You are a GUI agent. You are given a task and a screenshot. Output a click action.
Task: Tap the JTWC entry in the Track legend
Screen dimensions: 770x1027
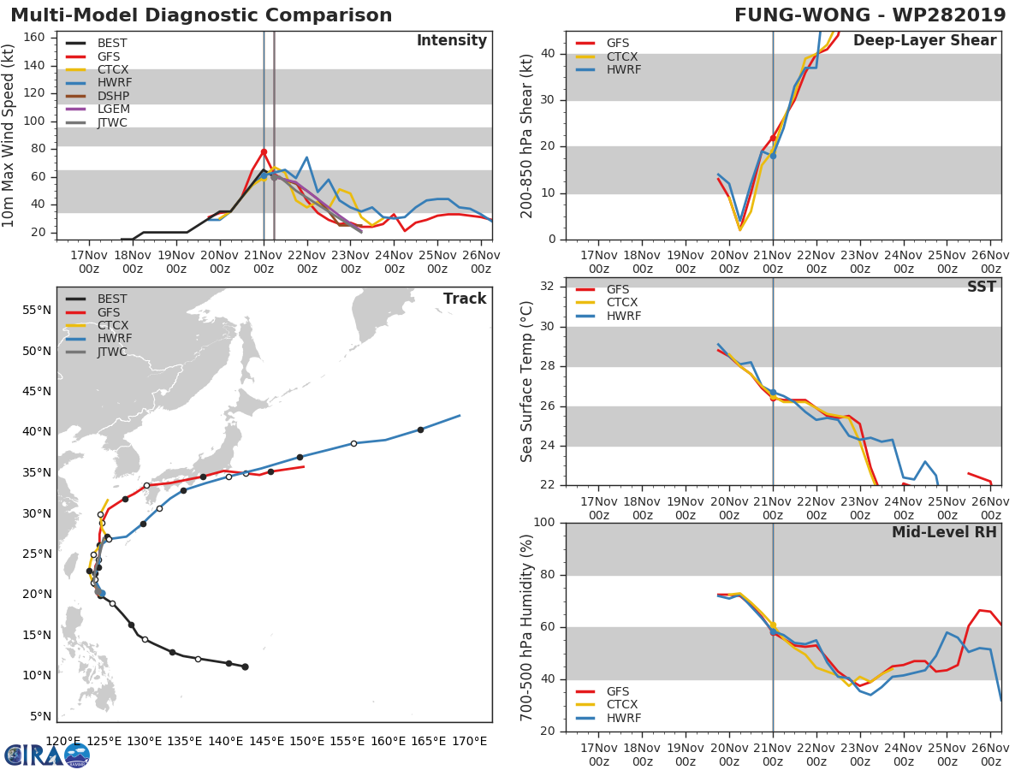point(112,352)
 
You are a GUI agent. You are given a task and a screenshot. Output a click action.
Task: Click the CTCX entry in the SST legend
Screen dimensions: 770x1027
point(622,302)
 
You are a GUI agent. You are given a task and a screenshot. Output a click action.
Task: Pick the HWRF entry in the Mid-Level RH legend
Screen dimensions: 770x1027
point(622,718)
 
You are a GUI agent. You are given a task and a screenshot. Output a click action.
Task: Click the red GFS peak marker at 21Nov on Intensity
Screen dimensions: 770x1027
point(264,151)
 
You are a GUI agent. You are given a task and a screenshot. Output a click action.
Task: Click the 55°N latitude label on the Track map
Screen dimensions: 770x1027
point(37,310)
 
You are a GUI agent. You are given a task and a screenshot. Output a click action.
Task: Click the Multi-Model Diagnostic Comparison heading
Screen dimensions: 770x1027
point(201,15)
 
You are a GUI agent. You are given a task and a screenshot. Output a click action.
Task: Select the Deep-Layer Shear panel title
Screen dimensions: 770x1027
point(924,41)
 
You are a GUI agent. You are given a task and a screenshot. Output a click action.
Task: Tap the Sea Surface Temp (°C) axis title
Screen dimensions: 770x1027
point(528,381)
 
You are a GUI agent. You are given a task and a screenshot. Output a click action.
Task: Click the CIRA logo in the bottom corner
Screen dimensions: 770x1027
point(47,754)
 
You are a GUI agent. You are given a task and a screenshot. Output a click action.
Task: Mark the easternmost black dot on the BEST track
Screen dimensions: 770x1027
point(245,666)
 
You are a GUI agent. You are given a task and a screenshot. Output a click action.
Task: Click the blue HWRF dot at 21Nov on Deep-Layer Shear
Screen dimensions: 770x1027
point(773,156)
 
